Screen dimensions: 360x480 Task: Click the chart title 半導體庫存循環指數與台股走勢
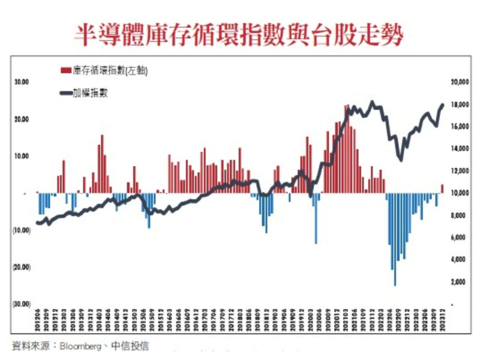[239, 34]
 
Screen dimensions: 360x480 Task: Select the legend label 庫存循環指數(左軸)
[110, 70]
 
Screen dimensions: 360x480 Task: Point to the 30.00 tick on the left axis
[22, 82]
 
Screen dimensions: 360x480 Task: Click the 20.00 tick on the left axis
[22, 119]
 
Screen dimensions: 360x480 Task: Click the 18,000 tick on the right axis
[458, 104]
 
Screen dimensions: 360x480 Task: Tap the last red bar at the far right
[442, 189]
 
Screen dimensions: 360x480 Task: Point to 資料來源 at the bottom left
[29, 346]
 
